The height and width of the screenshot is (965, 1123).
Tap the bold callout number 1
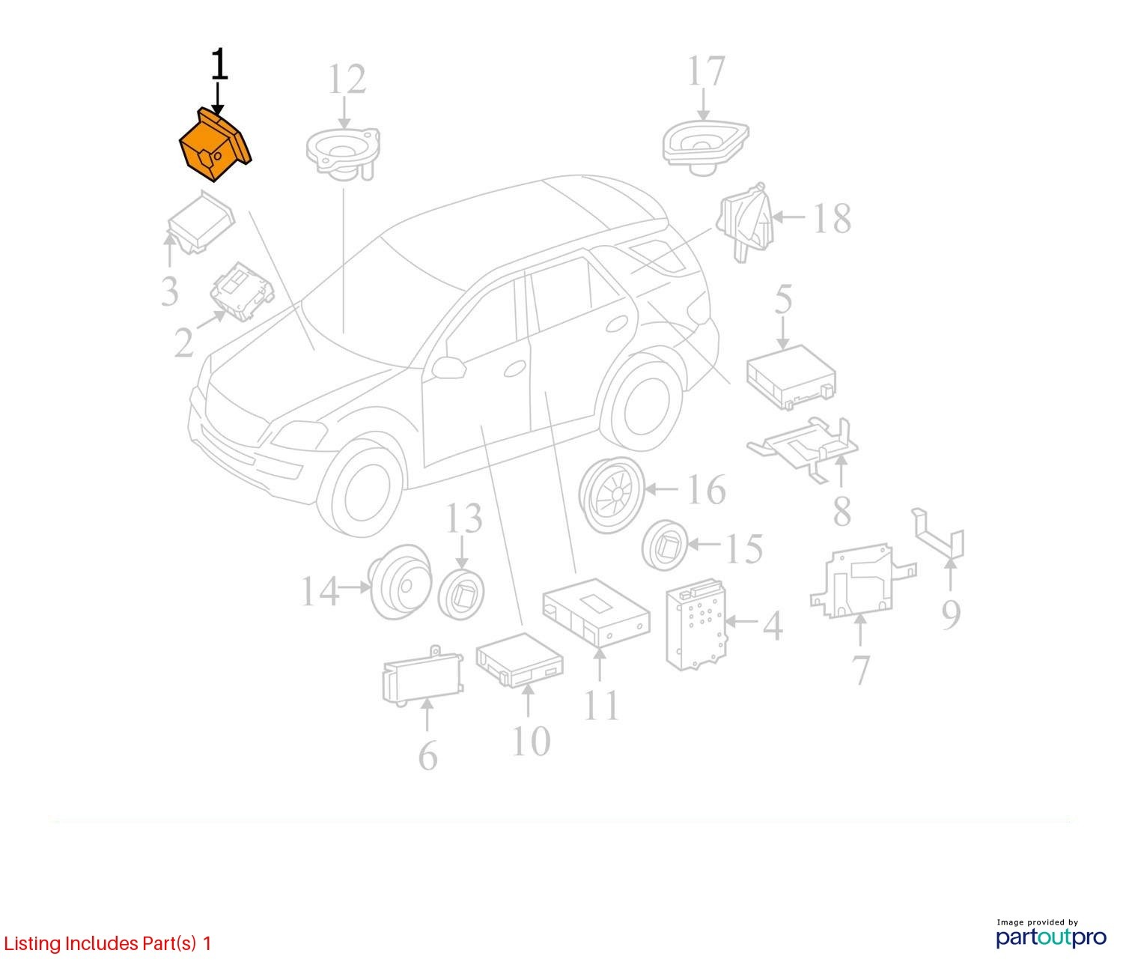219,64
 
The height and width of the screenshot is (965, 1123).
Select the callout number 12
347,79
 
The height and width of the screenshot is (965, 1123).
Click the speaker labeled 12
344,152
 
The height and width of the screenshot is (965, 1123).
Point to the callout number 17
706,70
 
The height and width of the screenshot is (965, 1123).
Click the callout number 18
831,219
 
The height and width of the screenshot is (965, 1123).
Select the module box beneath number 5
791,377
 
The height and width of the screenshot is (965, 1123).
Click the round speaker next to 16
612,495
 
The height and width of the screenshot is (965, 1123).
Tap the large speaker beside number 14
400,590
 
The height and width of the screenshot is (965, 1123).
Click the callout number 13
463,518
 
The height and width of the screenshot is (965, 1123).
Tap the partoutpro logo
1051,936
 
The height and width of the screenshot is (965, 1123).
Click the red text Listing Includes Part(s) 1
107,943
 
